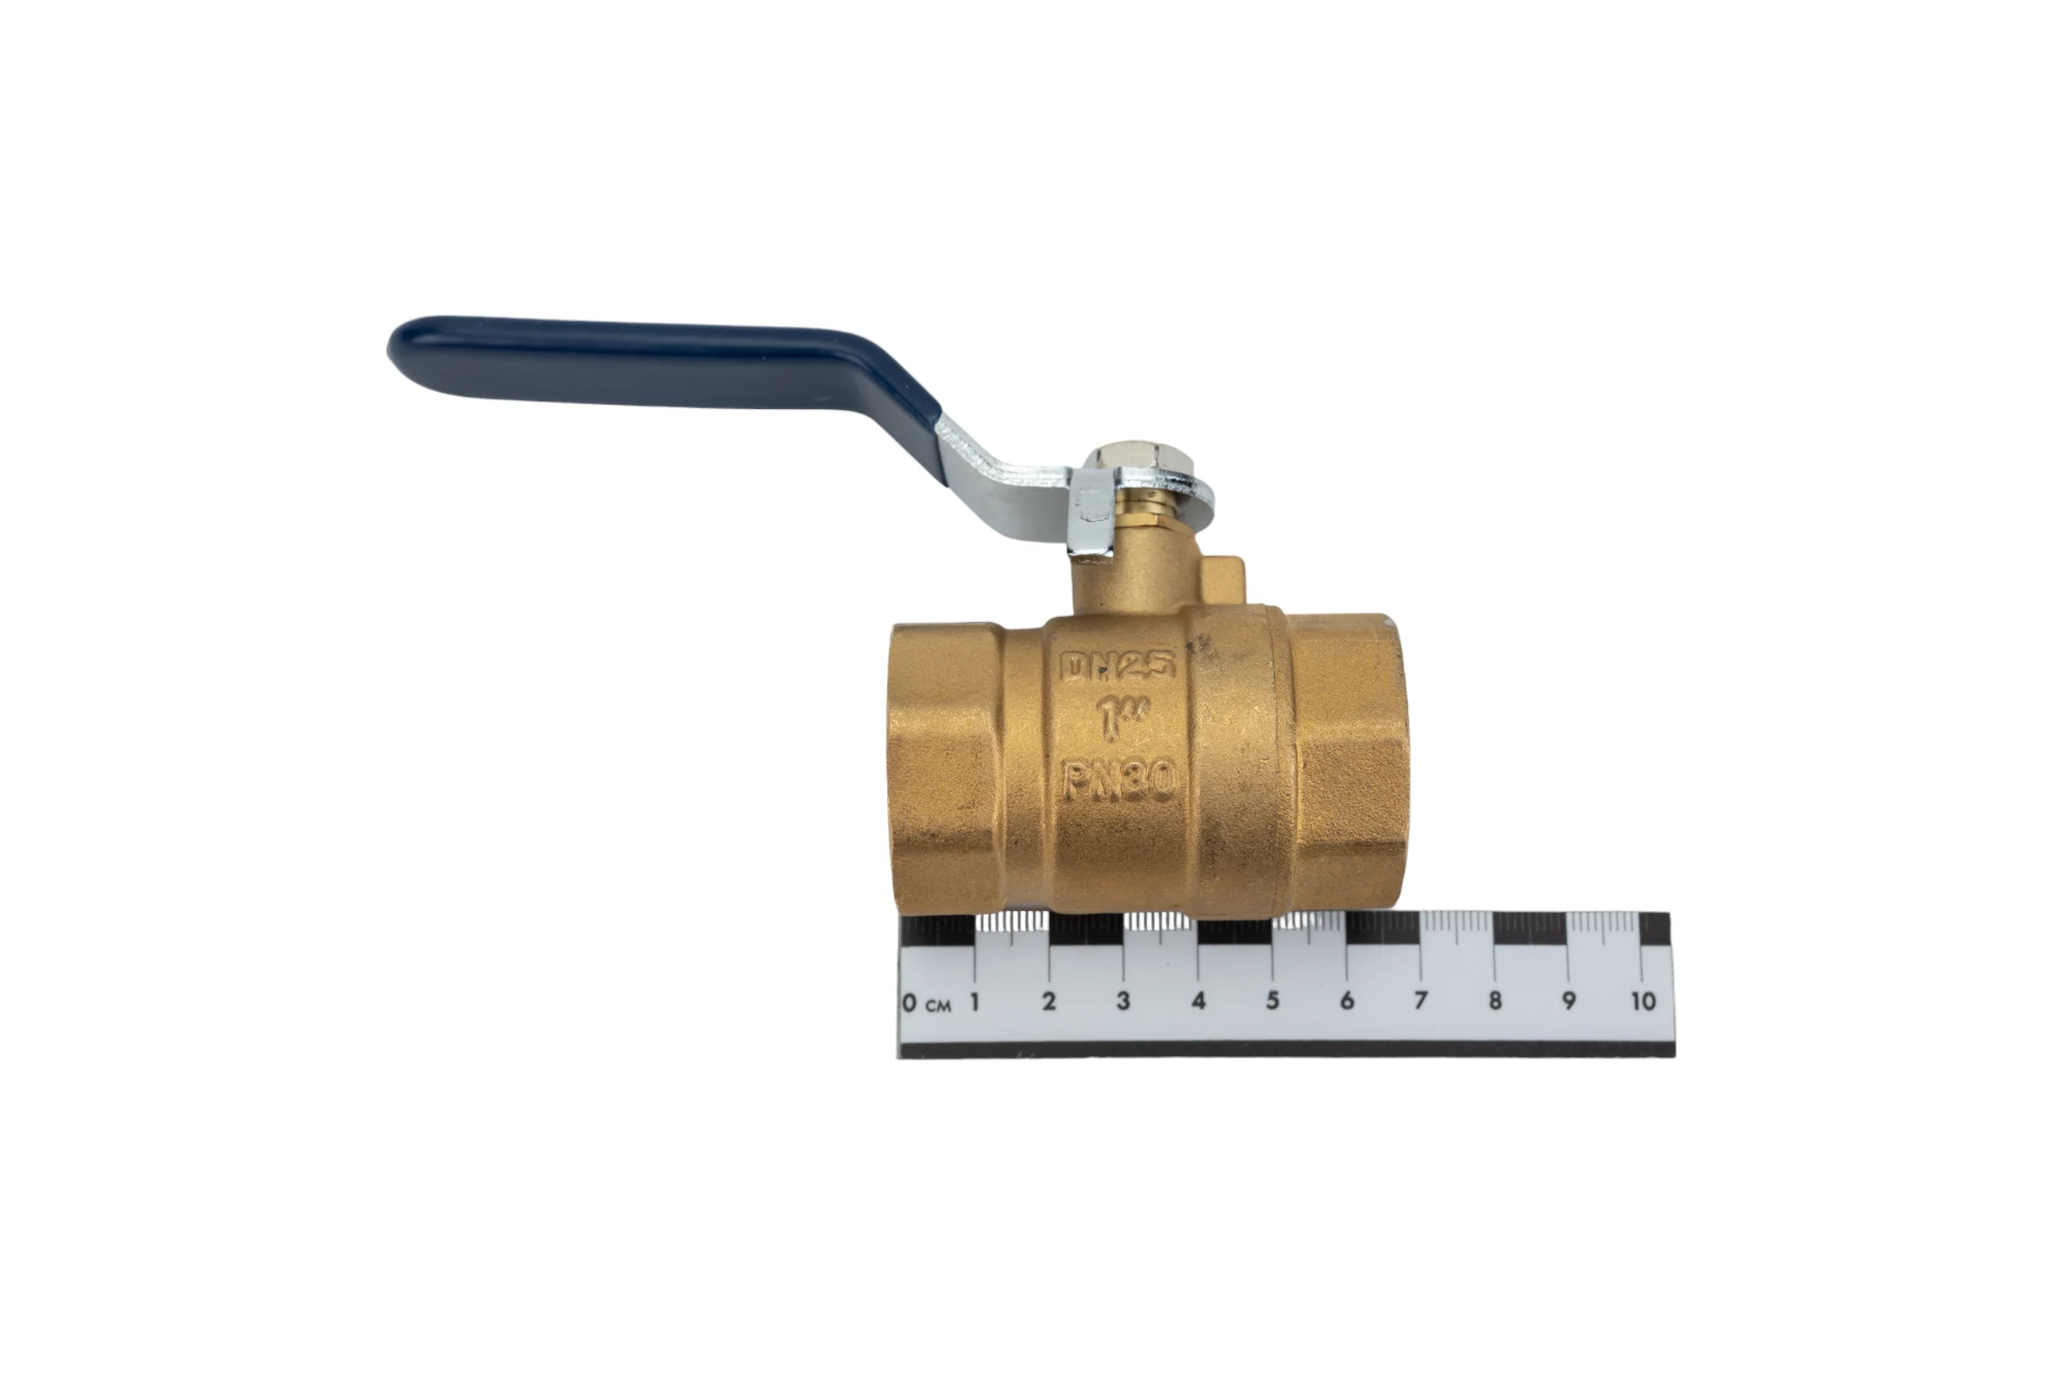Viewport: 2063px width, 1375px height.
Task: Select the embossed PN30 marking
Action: [1119, 779]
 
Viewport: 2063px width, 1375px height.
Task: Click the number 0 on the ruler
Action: [909, 1001]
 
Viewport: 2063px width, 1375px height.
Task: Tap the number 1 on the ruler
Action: [975, 1000]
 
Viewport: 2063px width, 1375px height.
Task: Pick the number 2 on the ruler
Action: [1048, 1000]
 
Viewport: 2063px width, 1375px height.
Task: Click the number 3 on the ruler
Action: [1123, 1000]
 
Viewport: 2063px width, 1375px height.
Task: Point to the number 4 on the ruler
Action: [1198, 1000]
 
